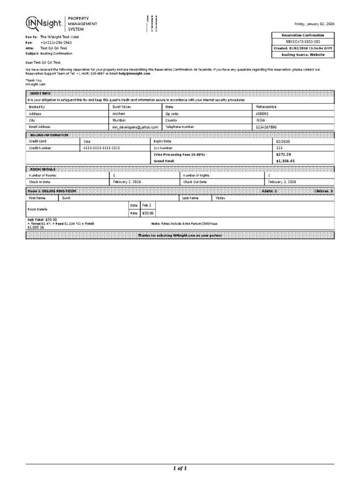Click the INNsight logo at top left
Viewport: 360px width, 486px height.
coord(44,23)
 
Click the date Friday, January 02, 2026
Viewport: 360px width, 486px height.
coord(314,24)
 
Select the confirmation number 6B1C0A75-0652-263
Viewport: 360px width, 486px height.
coord(304,42)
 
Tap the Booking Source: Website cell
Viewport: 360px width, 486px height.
coord(304,54)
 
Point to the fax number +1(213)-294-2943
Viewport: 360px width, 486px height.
coord(56,43)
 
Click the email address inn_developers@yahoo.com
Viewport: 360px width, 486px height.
coord(135,127)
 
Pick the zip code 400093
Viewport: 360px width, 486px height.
coord(262,113)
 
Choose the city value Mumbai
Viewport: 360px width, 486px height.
coord(119,120)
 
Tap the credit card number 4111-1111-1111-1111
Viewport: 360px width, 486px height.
coord(101,147)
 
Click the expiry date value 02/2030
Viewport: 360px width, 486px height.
coord(282,141)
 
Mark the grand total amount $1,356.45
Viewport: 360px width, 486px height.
coord(285,160)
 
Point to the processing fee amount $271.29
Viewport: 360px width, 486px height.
coord(283,154)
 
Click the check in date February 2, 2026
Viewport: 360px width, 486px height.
coord(128,181)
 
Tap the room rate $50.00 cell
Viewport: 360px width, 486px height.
coord(147,213)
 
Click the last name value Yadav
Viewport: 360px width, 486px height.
coord(221,198)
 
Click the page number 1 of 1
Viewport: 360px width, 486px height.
coord(180,468)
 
